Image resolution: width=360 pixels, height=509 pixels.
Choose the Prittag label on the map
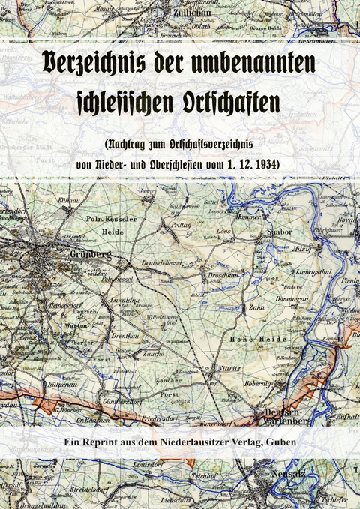pyautogui.click(x=181, y=225)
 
